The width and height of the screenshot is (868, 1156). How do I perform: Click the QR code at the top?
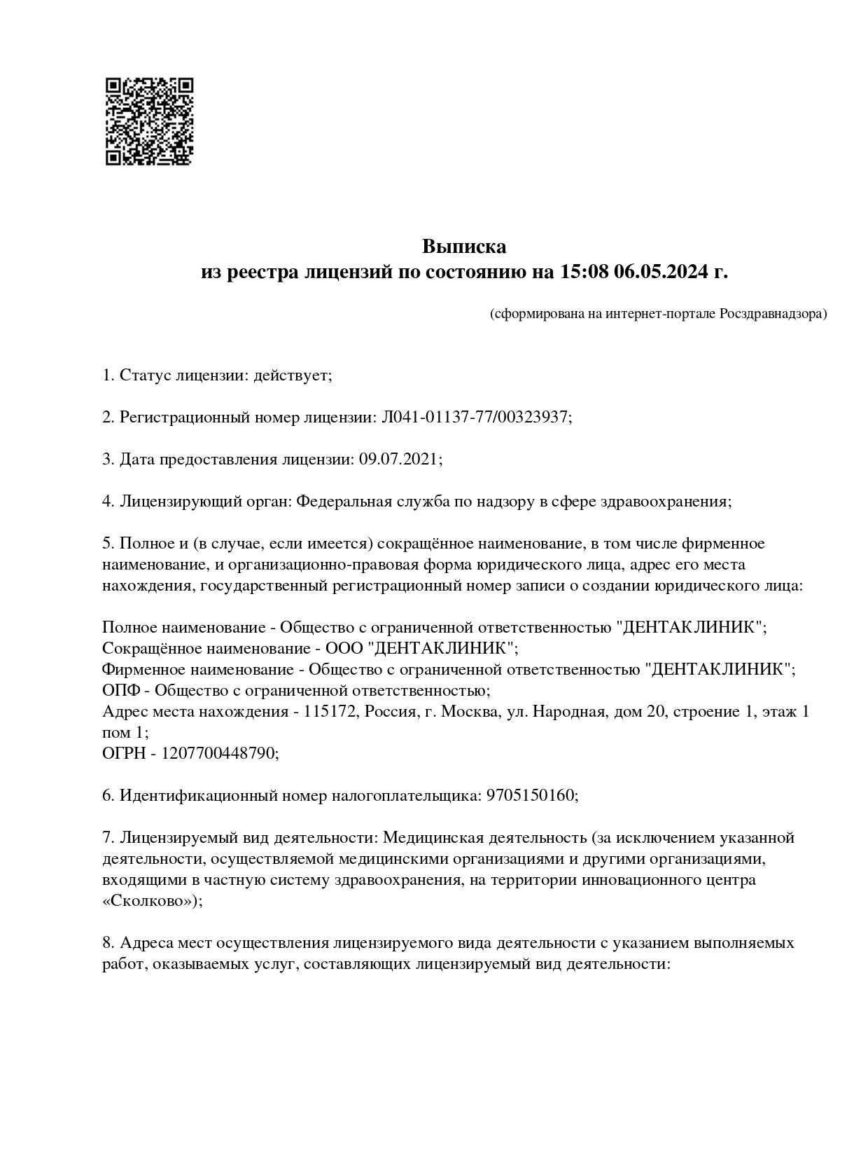(x=149, y=121)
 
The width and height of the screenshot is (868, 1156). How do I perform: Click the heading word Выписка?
(x=463, y=247)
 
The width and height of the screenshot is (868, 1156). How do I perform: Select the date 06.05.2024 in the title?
(x=661, y=272)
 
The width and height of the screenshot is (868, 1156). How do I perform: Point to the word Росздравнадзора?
(x=772, y=314)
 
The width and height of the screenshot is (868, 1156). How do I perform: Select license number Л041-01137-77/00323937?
(x=474, y=418)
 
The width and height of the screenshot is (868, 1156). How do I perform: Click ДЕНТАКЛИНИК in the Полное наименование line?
(x=690, y=628)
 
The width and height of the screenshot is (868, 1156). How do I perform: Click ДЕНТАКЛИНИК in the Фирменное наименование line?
(x=719, y=670)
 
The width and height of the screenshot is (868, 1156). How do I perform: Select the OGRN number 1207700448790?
(x=219, y=754)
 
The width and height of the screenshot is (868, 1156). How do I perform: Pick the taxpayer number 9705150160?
(x=531, y=796)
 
